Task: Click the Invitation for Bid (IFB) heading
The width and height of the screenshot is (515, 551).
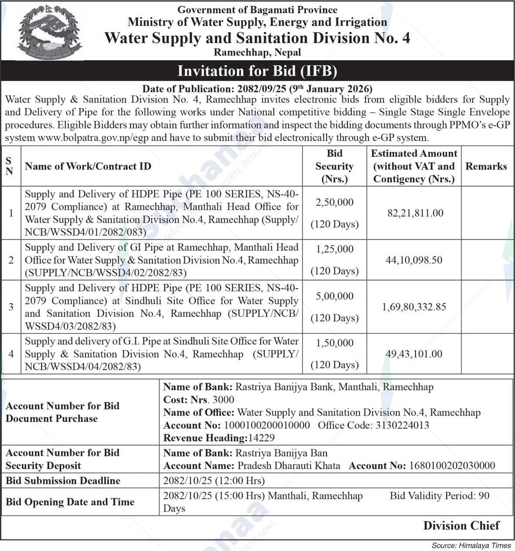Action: click(x=257, y=71)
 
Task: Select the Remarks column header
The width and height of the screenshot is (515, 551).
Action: click(x=486, y=166)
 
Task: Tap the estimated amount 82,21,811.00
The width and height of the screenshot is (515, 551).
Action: click(x=415, y=213)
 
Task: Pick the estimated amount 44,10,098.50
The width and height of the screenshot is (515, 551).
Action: click(x=414, y=260)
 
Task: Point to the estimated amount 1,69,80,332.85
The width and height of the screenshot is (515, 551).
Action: click(x=414, y=307)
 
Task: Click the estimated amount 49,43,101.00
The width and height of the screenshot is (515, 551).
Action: click(x=414, y=354)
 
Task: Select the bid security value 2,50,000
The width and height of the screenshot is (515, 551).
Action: click(x=334, y=202)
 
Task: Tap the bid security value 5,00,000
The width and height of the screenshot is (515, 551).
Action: click(x=334, y=296)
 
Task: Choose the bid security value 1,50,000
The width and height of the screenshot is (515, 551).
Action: click(x=334, y=343)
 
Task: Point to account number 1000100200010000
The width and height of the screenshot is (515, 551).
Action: click(x=267, y=425)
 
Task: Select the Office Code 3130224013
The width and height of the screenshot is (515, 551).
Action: click(x=402, y=425)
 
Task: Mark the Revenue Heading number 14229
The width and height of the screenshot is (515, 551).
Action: click(x=261, y=438)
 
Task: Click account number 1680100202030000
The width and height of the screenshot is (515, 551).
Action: click(x=452, y=466)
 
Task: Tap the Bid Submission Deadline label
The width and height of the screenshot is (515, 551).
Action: click(x=63, y=480)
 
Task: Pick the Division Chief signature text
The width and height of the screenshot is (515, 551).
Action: click(x=461, y=525)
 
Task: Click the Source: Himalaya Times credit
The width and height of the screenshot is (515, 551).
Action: click(x=471, y=545)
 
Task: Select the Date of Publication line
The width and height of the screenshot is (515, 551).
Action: click(x=257, y=89)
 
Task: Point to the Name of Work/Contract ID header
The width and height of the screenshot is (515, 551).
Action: click(x=88, y=166)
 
